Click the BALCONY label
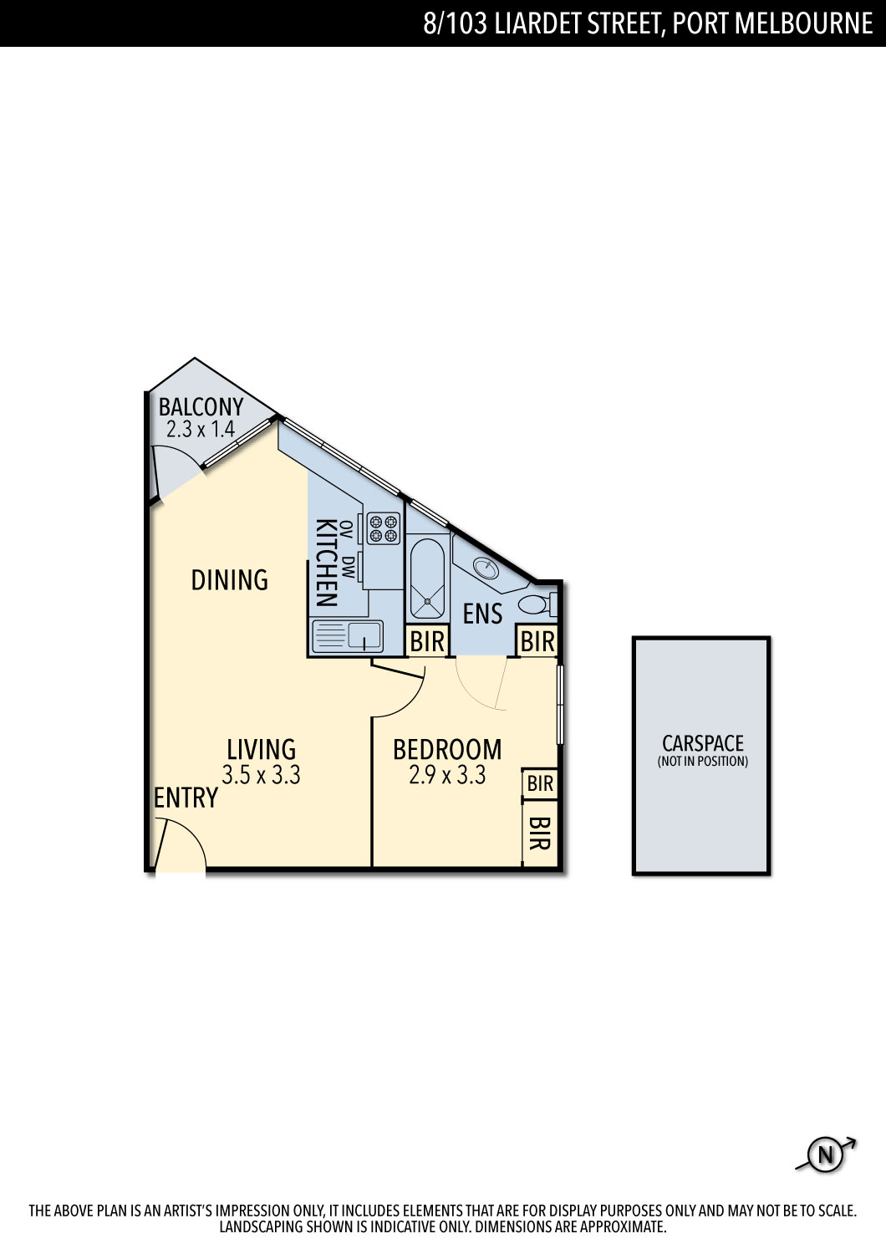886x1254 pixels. click(x=201, y=407)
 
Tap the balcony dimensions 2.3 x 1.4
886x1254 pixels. click(x=201, y=430)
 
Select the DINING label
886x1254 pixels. click(x=230, y=580)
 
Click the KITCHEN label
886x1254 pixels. click(x=327, y=563)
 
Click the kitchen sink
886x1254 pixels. click(x=347, y=636)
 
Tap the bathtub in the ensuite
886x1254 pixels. click(x=428, y=579)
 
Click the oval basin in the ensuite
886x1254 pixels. click(x=486, y=568)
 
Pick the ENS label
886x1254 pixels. click(x=482, y=614)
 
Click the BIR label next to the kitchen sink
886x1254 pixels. click(x=427, y=641)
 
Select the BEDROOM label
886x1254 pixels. click(x=447, y=750)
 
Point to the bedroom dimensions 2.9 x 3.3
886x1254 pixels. click(x=447, y=775)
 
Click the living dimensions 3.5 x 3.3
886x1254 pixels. click(x=261, y=775)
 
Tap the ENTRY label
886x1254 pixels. click(x=186, y=798)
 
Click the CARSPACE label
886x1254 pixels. click(x=702, y=743)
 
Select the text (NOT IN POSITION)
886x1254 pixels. click(x=702, y=762)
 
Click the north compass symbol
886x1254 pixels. click(x=826, y=1155)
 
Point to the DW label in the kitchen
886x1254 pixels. click(x=349, y=567)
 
